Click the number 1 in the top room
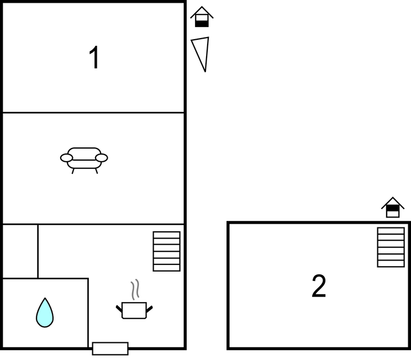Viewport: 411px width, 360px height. (94, 57)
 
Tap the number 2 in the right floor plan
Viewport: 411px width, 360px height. (319, 286)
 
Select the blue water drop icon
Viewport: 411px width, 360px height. (45, 313)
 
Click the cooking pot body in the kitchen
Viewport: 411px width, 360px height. (134, 310)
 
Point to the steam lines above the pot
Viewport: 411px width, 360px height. (135, 289)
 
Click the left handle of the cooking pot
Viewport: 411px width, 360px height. (119, 309)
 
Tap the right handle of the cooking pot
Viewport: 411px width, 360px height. (149, 309)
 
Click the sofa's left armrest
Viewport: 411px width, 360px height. (67, 158)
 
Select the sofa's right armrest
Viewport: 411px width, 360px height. (102, 158)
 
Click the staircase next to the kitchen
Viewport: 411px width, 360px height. (167, 251)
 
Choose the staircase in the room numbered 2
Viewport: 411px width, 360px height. (391, 247)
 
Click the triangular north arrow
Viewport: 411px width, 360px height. (201, 54)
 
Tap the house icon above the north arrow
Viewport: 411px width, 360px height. (202, 17)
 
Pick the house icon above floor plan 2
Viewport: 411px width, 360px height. (393, 207)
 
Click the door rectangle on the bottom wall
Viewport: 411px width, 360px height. (110, 348)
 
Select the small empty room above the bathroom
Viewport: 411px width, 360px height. (20, 251)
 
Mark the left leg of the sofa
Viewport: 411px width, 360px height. (73, 171)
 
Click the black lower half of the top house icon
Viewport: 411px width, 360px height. (202, 24)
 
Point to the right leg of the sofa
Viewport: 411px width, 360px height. (97, 171)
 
